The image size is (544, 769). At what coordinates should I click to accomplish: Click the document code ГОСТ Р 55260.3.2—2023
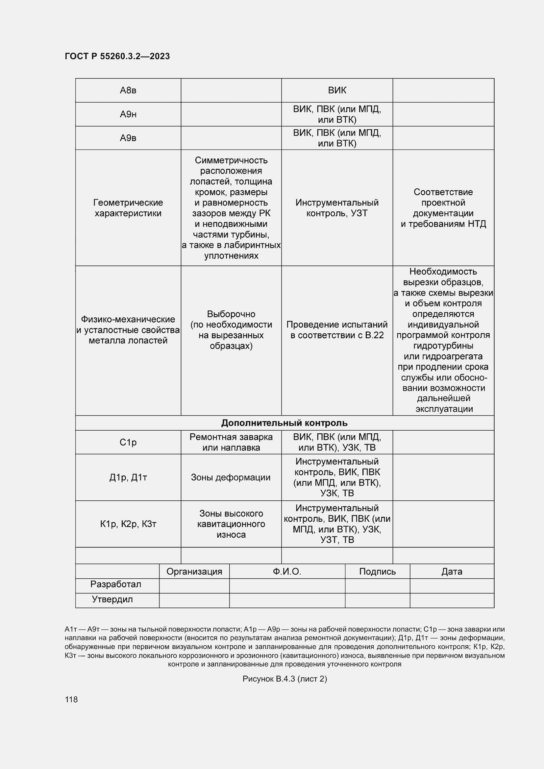click(117, 56)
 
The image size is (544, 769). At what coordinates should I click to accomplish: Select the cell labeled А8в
click(128, 90)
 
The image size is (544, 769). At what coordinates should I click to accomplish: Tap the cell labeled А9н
click(128, 114)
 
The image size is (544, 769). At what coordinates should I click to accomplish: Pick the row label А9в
click(128, 138)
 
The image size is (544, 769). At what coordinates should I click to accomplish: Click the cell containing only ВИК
click(337, 90)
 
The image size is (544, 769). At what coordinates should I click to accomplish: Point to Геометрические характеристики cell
click(128, 208)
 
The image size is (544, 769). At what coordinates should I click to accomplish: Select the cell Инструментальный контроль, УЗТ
click(337, 208)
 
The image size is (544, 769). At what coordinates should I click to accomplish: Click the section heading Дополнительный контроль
click(284, 423)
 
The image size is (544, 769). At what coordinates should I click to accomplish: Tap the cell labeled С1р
click(128, 443)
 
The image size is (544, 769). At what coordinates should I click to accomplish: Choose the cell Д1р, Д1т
click(128, 478)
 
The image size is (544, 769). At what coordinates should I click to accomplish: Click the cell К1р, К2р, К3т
click(128, 524)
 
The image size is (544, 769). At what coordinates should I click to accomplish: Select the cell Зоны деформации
click(231, 478)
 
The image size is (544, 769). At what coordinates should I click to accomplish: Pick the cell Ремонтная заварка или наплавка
click(231, 443)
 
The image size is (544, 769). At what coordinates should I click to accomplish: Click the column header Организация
click(194, 572)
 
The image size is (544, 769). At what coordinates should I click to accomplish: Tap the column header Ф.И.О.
click(287, 572)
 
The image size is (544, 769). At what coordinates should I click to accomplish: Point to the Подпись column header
click(378, 572)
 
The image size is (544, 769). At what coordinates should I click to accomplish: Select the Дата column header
click(452, 572)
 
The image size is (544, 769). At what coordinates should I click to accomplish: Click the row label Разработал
click(116, 585)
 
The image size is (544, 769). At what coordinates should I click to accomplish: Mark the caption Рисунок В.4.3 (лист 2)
click(285, 679)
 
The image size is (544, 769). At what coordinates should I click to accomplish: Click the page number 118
click(71, 699)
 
